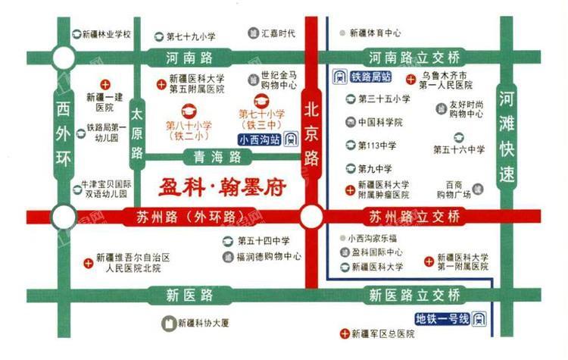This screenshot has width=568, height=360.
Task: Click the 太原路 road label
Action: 137,135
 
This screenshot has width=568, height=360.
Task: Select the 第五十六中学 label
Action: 460,150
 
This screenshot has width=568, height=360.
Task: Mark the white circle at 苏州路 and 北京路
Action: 311,218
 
